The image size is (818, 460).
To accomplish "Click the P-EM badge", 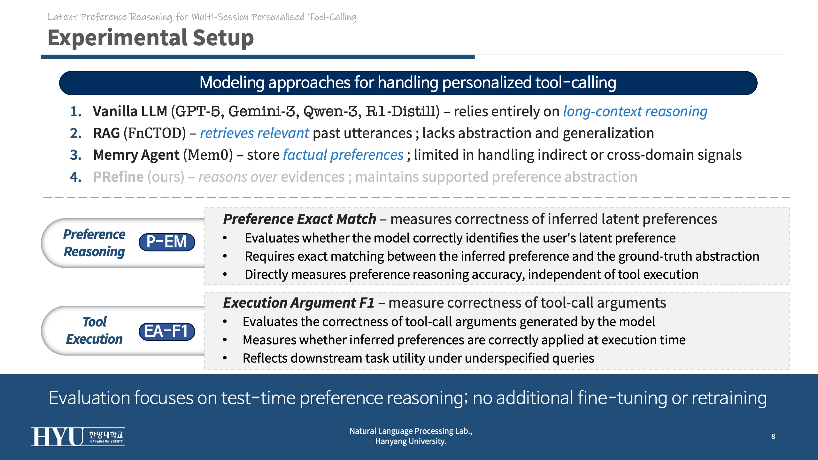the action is tap(167, 242).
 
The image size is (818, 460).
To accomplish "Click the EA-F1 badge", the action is tap(167, 331).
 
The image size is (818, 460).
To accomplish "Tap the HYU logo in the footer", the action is tap(78, 436).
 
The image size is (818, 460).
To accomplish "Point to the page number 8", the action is tap(773, 436).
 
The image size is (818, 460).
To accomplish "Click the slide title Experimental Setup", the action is tap(150, 38).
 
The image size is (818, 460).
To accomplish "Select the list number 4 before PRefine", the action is tap(76, 177).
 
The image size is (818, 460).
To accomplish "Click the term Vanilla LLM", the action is tap(130, 111).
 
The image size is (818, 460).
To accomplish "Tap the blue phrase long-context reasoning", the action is tap(635, 111).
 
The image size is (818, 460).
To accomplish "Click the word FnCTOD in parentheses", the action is tap(155, 133).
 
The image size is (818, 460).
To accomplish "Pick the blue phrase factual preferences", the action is tap(343, 155).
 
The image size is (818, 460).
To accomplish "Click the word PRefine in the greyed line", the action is tap(119, 177).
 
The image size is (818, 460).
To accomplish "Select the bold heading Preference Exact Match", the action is tap(299, 219).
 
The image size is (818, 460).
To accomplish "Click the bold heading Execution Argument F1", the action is tap(299, 303).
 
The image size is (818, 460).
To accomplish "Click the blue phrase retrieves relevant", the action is tap(254, 133).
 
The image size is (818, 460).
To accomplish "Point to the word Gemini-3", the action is tap(262, 111).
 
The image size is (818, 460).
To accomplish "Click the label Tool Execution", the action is tap(94, 331).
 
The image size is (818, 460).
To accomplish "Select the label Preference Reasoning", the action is tap(94, 243).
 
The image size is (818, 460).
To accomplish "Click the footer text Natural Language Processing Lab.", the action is tap(411, 431).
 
